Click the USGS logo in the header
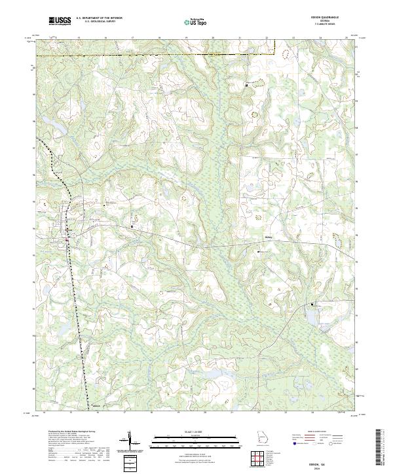point(60,22)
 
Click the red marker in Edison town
point(66,240)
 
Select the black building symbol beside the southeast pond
point(312,304)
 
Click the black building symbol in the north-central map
point(246,85)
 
